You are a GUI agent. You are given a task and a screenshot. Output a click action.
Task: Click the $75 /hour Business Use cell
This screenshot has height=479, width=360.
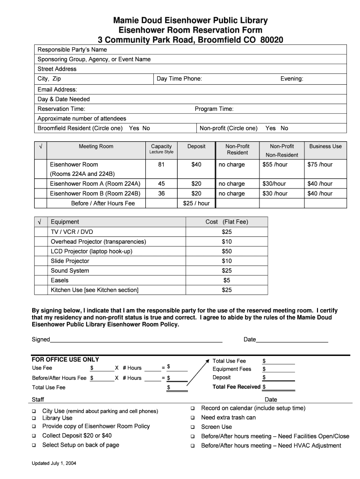coord(320,165)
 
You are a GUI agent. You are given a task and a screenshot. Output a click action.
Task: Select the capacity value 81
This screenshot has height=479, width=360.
coord(161,165)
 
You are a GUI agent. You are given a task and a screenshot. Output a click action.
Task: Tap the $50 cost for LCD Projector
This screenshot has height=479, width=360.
coord(227,251)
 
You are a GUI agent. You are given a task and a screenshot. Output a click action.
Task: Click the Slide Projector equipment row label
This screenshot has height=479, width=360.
coord(70,261)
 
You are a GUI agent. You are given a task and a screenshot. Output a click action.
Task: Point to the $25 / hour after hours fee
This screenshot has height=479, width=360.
coord(196,203)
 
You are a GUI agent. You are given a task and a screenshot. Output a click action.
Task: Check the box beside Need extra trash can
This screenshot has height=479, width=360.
coord(192,418)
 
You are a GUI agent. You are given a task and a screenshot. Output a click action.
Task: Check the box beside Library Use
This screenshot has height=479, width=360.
coord(34,418)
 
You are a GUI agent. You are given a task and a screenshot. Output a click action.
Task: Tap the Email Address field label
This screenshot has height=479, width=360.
coord(58,89)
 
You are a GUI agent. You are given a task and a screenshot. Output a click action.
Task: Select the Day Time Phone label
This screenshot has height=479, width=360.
coord(179,79)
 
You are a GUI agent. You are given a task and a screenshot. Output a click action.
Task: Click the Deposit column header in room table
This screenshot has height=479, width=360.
coord(196,146)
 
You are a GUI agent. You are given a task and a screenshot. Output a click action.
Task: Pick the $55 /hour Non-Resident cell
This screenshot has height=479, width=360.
coord(275,165)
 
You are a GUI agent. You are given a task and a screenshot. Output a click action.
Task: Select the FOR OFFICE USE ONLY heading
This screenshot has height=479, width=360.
coord(65,359)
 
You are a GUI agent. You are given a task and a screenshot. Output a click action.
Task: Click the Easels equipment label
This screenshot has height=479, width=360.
coord(60,280)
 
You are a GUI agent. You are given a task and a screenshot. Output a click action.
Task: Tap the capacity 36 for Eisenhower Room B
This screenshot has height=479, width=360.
coord(161,194)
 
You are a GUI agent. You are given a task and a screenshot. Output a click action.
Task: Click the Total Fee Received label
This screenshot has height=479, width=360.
coord(237,387)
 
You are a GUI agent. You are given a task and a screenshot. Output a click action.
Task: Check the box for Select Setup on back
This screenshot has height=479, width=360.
coord(34,445)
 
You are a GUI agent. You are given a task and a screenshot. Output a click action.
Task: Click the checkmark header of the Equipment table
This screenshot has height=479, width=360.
coord(40,222)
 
